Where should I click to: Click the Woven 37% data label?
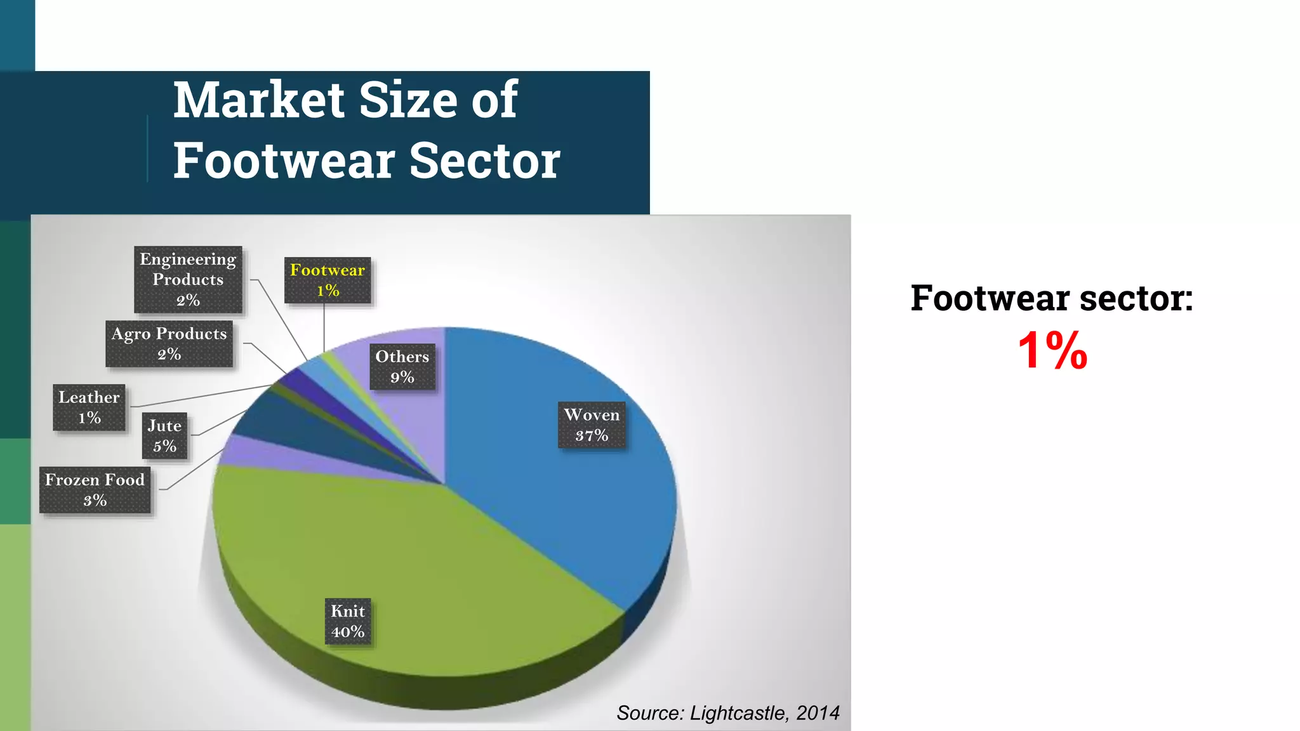(592, 425)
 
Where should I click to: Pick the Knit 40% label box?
(348, 621)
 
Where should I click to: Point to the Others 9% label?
(402, 367)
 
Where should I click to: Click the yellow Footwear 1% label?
(328, 280)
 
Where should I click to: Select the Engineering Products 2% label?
(188, 279)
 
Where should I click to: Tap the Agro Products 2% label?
(169, 343)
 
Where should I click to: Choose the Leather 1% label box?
(89, 407)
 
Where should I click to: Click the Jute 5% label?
(164, 436)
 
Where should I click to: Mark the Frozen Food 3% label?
(95, 490)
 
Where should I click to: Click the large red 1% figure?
(1052, 350)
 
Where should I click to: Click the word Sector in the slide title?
(484, 161)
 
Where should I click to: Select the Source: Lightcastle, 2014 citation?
(727, 713)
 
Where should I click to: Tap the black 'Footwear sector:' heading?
(1052, 298)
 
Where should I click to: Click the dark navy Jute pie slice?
(286, 431)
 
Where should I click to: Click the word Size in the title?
(408, 100)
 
